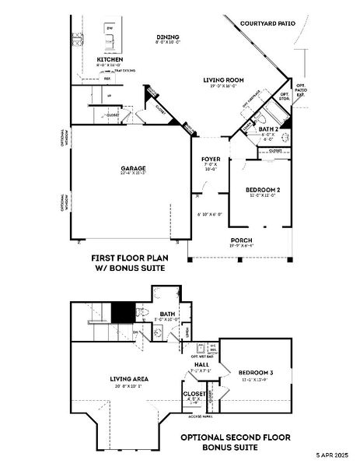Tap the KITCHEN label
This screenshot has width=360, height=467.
point(110,59)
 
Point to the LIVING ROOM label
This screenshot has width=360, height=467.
point(225,80)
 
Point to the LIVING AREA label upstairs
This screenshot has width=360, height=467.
point(129,379)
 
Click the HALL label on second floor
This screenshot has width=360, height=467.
point(201,363)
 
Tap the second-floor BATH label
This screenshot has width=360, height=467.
point(168,313)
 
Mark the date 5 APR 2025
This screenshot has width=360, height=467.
point(333,455)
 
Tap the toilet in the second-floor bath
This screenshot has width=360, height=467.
point(142,313)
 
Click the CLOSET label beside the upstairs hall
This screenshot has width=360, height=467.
point(195,394)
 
